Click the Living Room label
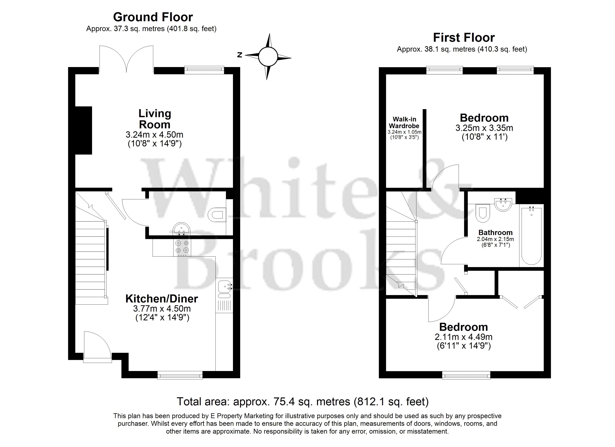coord(155,119)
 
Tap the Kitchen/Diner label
coord(162,299)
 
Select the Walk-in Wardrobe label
coord(404,123)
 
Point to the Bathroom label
coord(495,233)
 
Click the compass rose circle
coord(268,57)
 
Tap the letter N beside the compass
coord(240,55)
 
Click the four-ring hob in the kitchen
coord(182,248)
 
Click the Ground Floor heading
coord(153,17)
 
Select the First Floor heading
coord(464,38)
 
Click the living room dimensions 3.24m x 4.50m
coord(154,135)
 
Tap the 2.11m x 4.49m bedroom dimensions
coord(463,337)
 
